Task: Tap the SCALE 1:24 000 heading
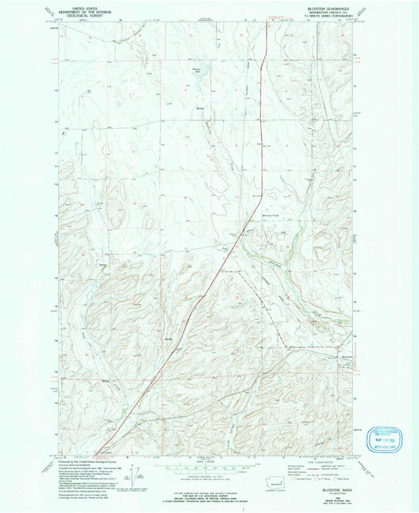[209, 460]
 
